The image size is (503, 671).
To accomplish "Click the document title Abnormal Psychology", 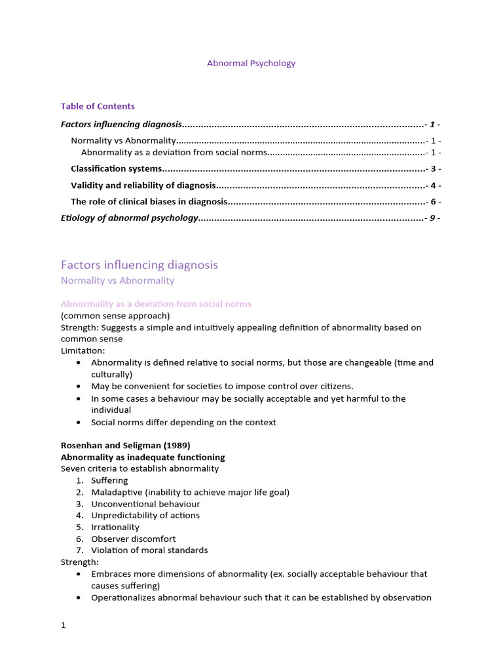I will tap(251, 64).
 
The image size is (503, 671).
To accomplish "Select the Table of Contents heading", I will tap(98, 106).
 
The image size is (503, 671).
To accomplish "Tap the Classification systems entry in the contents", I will tap(116, 169).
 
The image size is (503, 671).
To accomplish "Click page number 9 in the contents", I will tap(432, 218).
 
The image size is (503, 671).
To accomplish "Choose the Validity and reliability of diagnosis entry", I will tap(143, 185).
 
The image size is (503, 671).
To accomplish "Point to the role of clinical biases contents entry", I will tap(149, 202).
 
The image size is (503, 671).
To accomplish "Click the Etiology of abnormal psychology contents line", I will tap(129, 218).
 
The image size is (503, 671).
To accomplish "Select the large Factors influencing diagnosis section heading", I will tap(139, 265).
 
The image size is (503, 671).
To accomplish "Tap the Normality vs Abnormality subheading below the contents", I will tap(117, 280).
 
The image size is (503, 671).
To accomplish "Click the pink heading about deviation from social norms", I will tap(156, 304).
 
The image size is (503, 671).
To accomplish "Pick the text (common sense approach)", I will tap(115, 316).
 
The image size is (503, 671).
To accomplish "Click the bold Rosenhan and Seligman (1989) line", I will tap(125, 446).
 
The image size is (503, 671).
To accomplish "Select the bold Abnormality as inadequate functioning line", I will tap(142, 457).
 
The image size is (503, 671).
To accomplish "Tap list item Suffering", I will tap(109, 481).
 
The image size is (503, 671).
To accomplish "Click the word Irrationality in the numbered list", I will tap(115, 527).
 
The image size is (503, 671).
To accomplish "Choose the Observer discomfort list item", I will tap(133, 539).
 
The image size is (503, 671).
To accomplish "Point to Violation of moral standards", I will tap(149, 550).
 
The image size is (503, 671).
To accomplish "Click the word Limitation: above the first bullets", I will tap(83, 351).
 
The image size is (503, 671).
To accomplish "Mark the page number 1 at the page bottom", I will tap(64, 625).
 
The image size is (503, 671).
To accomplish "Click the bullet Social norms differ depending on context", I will tap(183, 423).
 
